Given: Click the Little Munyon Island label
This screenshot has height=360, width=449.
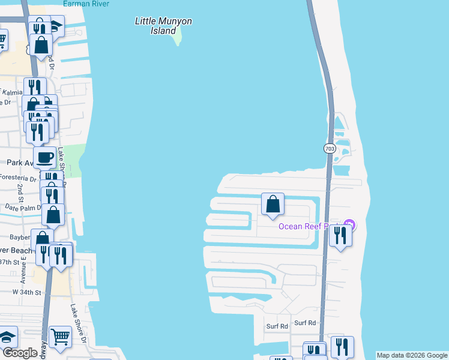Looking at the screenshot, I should [x=163, y=26].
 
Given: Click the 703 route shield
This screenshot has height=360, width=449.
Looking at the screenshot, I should [x=330, y=148].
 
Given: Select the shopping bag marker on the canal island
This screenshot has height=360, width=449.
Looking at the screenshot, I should [x=273, y=205].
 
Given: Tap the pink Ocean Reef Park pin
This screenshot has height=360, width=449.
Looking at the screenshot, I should [x=350, y=225].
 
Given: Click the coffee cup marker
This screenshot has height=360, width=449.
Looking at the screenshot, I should [x=45, y=158].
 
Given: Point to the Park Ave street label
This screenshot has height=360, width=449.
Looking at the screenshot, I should [x=17, y=162].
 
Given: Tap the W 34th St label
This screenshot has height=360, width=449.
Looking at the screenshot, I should [x=26, y=292].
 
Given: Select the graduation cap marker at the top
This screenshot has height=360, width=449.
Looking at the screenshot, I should [x=56, y=26].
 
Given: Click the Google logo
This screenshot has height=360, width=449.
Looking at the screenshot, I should [x=19, y=353].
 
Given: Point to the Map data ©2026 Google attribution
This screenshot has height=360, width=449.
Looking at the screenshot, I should [x=411, y=355].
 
